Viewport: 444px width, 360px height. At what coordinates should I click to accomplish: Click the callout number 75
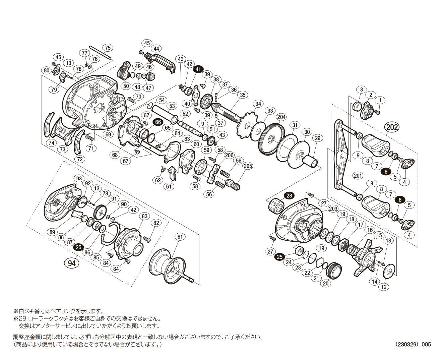pyautogui.click(x=108, y=48)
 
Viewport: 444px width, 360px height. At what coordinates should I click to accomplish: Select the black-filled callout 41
pyautogui.click(x=198, y=69)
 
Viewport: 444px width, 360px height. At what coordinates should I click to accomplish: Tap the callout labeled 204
pyautogui.click(x=281, y=117)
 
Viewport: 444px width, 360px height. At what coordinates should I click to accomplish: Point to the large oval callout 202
pyautogui.click(x=392, y=127)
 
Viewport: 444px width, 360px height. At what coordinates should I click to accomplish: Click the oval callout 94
pyautogui.click(x=72, y=263)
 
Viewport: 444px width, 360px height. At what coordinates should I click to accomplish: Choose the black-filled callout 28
pyautogui.click(x=289, y=196)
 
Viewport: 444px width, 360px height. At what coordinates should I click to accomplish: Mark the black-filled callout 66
pyautogui.click(x=158, y=122)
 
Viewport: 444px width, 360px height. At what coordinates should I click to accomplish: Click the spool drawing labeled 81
pyautogui.click(x=168, y=266)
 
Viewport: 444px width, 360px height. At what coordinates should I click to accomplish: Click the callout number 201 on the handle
pyautogui.click(x=358, y=176)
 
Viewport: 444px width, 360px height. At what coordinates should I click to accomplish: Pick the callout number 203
pyautogui.click(x=333, y=208)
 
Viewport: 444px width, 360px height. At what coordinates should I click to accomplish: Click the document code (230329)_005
pyautogui.click(x=413, y=344)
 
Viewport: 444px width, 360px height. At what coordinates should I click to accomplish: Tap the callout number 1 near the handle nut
pyautogui.click(x=380, y=100)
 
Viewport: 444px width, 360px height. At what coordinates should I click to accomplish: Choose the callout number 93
pyautogui.click(x=79, y=178)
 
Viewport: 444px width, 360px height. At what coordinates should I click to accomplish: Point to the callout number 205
pyautogui.click(x=248, y=166)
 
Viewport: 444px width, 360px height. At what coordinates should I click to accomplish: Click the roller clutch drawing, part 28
pyautogui.click(x=274, y=205)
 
